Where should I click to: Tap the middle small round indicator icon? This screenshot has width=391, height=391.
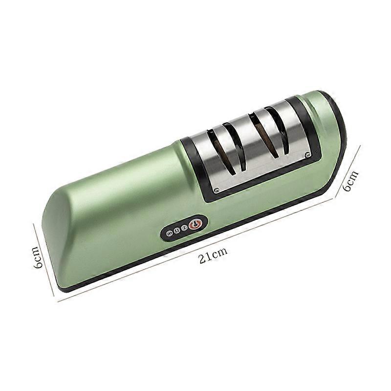click(176, 231)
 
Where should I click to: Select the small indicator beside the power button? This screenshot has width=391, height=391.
click(184, 228)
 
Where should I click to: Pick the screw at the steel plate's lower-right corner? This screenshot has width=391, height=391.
click(306, 156)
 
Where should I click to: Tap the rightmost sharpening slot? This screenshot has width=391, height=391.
click(277, 126)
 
